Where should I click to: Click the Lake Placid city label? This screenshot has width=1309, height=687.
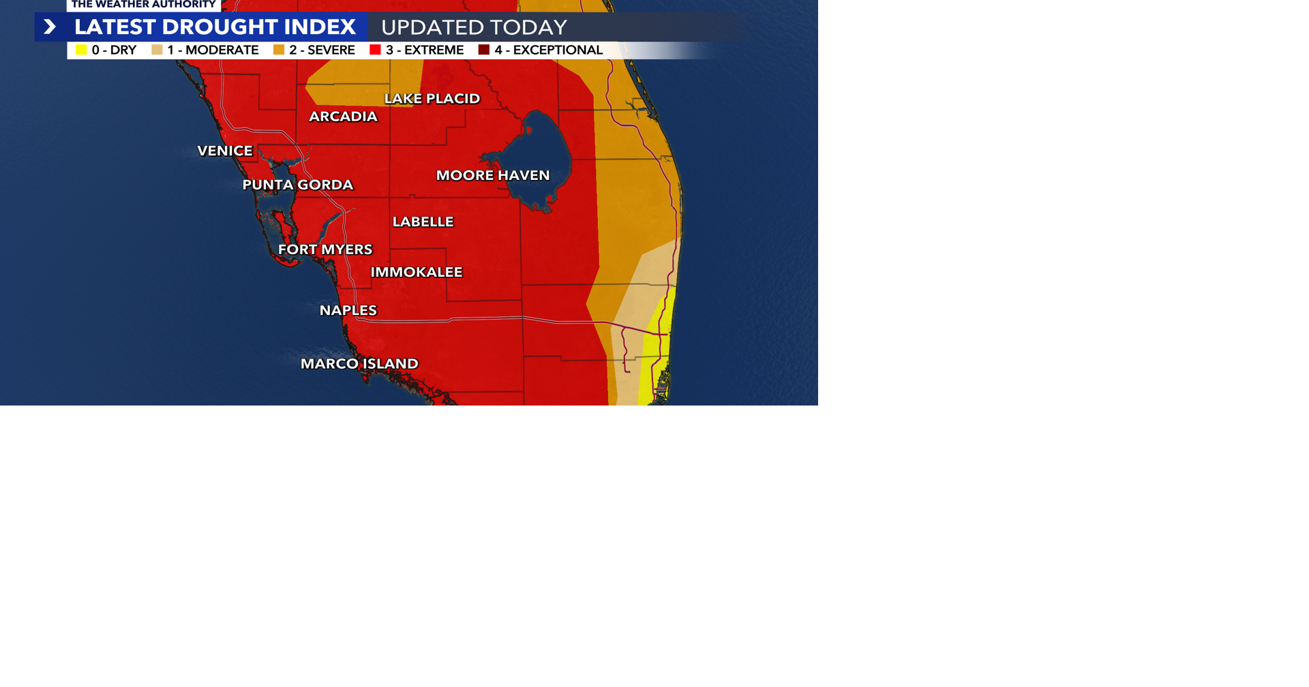[x=432, y=99]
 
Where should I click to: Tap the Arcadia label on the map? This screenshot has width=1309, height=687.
[x=343, y=117]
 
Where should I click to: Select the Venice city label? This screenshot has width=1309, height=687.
[x=225, y=151]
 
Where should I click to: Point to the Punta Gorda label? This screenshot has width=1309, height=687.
[x=298, y=185]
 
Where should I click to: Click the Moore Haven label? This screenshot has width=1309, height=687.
[x=493, y=175]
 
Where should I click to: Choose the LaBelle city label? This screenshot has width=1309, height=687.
[x=423, y=222]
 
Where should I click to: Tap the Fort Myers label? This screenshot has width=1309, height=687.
[x=325, y=249]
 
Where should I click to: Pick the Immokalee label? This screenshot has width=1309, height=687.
[x=417, y=272]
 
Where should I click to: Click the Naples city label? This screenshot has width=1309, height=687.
[x=348, y=310]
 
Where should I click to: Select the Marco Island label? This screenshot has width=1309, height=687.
[x=359, y=363]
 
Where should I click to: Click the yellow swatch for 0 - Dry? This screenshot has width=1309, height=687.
[x=81, y=50]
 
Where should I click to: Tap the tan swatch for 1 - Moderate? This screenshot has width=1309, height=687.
[x=157, y=50]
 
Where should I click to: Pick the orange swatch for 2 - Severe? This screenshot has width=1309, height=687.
[x=278, y=50]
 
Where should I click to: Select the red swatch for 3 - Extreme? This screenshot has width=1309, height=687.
[x=375, y=50]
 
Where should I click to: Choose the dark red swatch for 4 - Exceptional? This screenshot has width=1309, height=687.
[x=484, y=50]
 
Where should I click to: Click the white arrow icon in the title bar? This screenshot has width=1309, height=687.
[x=49, y=27]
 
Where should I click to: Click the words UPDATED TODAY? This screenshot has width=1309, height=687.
[x=474, y=27]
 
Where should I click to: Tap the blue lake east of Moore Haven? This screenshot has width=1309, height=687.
[x=539, y=153]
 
